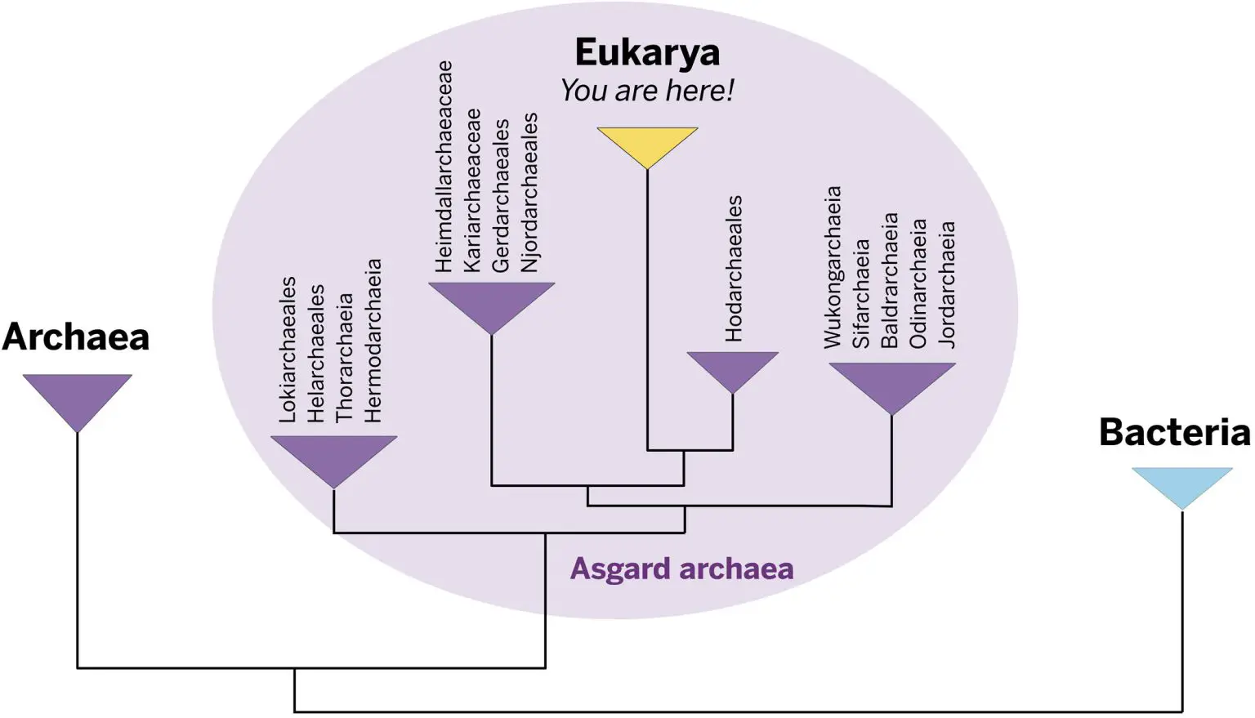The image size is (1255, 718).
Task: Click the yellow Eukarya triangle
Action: [x=647, y=143]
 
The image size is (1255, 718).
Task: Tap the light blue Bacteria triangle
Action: [x=1181, y=483]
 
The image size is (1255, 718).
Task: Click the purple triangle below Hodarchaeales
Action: [x=732, y=367]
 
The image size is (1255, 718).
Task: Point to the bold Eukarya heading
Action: [x=647, y=52]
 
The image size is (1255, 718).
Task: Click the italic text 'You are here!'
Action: [x=647, y=91]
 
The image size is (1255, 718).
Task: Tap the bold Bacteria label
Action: [x=1174, y=432]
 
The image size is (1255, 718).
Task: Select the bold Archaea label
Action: [x=76, y=337]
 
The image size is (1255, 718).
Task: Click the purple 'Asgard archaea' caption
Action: [x=681, y=569]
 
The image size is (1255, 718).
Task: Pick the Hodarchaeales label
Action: [x=734, y=268]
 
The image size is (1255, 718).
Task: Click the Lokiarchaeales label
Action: [x=288, y=350]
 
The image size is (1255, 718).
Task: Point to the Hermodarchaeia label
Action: [x=373, y=341]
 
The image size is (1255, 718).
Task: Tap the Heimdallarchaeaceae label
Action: [x=444, y=167]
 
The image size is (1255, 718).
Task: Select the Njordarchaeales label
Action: [x=529, y=192]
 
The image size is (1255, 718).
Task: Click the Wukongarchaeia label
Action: [x=832, y=268]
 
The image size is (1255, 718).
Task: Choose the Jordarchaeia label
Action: [x=946, y=285]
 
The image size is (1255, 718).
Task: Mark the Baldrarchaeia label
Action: [x=889, y=280]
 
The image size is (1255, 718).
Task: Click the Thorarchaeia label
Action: [x=344, y=358]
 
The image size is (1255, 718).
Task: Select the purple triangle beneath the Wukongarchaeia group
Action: [x=891, y=381]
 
